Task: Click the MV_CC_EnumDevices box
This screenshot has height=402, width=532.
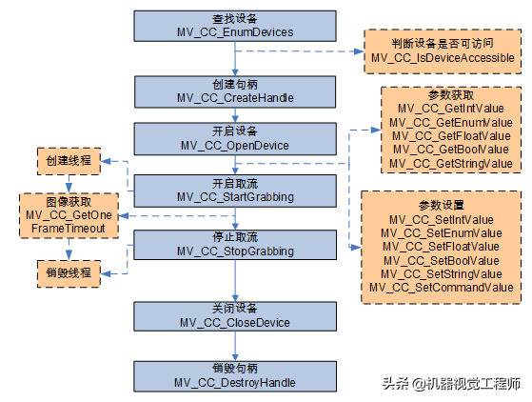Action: pos(235,26)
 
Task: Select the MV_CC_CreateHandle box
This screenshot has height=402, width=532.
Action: pos(235,90)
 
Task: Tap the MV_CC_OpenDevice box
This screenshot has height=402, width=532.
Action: pos(235,139)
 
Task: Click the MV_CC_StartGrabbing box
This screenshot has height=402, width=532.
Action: pos(235,191)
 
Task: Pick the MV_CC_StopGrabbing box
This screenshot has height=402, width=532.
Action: pos(235,245)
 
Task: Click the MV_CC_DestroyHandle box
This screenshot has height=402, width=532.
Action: pos(235,375)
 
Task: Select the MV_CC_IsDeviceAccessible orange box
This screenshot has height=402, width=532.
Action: pos(442,51)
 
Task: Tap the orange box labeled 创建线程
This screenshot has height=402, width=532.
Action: pos(69,161)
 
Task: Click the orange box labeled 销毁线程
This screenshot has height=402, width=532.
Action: pos(69,272)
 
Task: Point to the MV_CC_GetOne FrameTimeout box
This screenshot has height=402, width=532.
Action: pos(68,215)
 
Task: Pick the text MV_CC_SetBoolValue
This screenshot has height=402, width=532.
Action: pos(442,260)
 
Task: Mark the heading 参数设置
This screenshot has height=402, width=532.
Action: pos(442,205)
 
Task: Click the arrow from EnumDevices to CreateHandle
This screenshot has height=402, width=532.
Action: pos(235,57)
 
